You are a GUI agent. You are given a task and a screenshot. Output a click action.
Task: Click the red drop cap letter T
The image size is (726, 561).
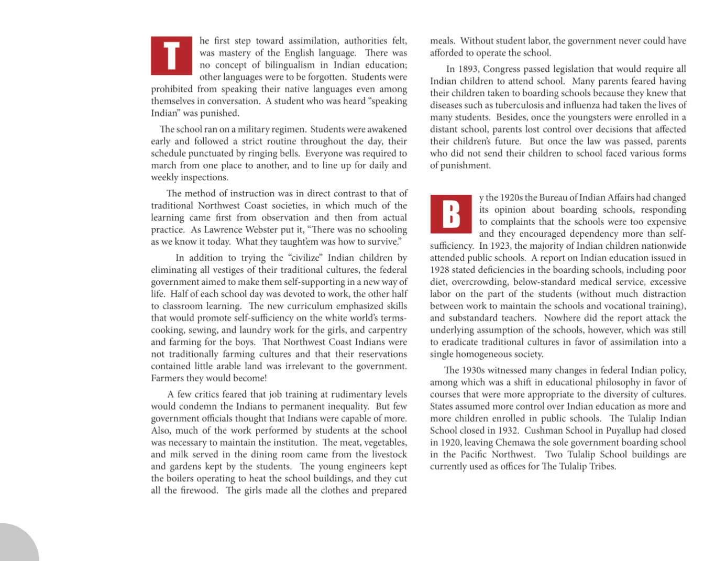click(171, 56)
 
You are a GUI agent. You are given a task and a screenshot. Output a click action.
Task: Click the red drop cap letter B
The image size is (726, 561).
click(451, 214)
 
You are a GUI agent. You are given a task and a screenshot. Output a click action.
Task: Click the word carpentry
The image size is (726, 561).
click(387, 331)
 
